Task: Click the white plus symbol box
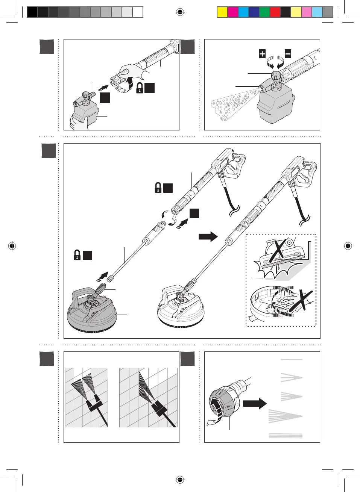(x=262, y=54)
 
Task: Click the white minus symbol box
(x=288, y=54)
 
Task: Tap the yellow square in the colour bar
(x=222, y=12)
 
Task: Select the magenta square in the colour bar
(x=233, y=12)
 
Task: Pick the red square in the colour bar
(x=275, y=12)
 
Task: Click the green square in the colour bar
(x=264, y=12)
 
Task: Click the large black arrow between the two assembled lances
(x=208, y=236)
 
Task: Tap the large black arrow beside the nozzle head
(x=255, y=404)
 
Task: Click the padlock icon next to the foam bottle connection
(x=140, y=88)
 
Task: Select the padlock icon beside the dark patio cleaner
(x=77, y=255)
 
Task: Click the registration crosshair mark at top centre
(x=180, y=12)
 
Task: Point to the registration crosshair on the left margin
(x=12, y=246)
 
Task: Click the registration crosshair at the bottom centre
(x=180, y=480)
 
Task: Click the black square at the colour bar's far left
(x=32, y=12)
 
